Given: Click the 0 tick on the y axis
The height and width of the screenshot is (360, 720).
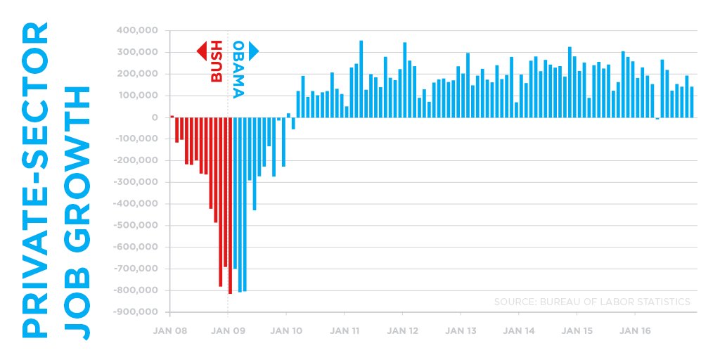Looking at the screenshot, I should pos(154,117).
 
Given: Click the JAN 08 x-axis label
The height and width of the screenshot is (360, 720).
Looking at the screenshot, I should pos(169,329).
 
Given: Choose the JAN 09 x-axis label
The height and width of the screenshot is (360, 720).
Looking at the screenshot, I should pos(228,329).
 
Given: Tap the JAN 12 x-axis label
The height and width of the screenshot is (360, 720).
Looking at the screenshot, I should pos(403,329).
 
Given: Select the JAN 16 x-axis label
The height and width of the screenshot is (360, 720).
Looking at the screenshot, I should pos(636,329).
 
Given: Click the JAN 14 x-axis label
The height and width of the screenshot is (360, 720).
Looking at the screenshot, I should pos(520,329).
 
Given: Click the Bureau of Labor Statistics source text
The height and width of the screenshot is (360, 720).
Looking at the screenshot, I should pos(592,302).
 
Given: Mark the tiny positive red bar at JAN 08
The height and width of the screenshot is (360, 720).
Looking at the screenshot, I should pos(172,116).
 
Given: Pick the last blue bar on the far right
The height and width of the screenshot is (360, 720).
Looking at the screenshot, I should pos(692,102).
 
